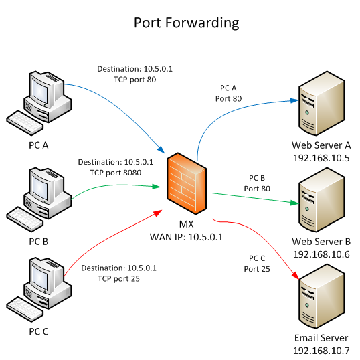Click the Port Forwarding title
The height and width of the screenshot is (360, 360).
coord(186,23)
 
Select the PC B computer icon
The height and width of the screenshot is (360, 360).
coord(41,195)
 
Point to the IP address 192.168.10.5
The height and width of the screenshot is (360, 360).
coord(321,158)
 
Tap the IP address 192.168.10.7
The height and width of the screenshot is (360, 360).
coord(321,351)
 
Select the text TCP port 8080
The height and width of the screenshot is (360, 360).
coord(116,172)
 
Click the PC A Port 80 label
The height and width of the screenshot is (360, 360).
coord(228,94)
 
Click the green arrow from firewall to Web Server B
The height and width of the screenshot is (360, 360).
coord(254,198)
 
